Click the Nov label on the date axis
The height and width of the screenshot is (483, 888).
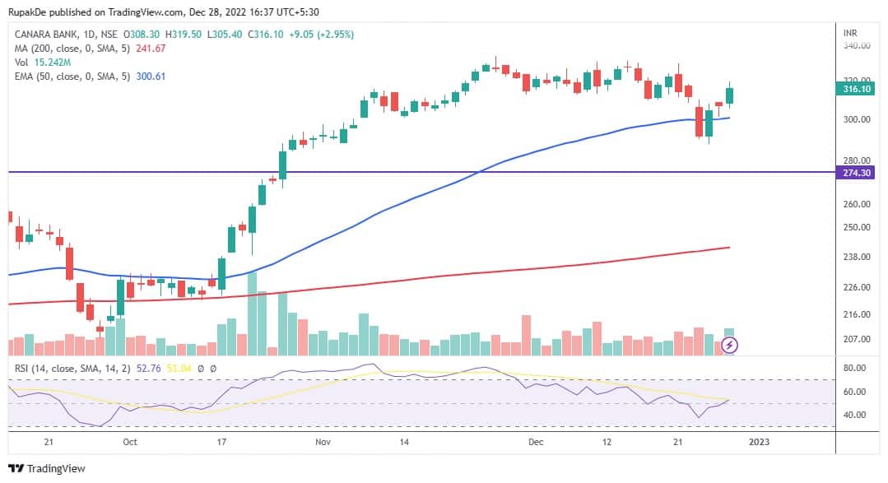click(323, 442)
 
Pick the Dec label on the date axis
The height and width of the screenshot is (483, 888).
click(536, 442)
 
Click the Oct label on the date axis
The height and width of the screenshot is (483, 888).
click(129, 442)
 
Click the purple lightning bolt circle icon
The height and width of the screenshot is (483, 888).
click(729, 346)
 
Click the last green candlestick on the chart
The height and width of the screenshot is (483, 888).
click(729, 95)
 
